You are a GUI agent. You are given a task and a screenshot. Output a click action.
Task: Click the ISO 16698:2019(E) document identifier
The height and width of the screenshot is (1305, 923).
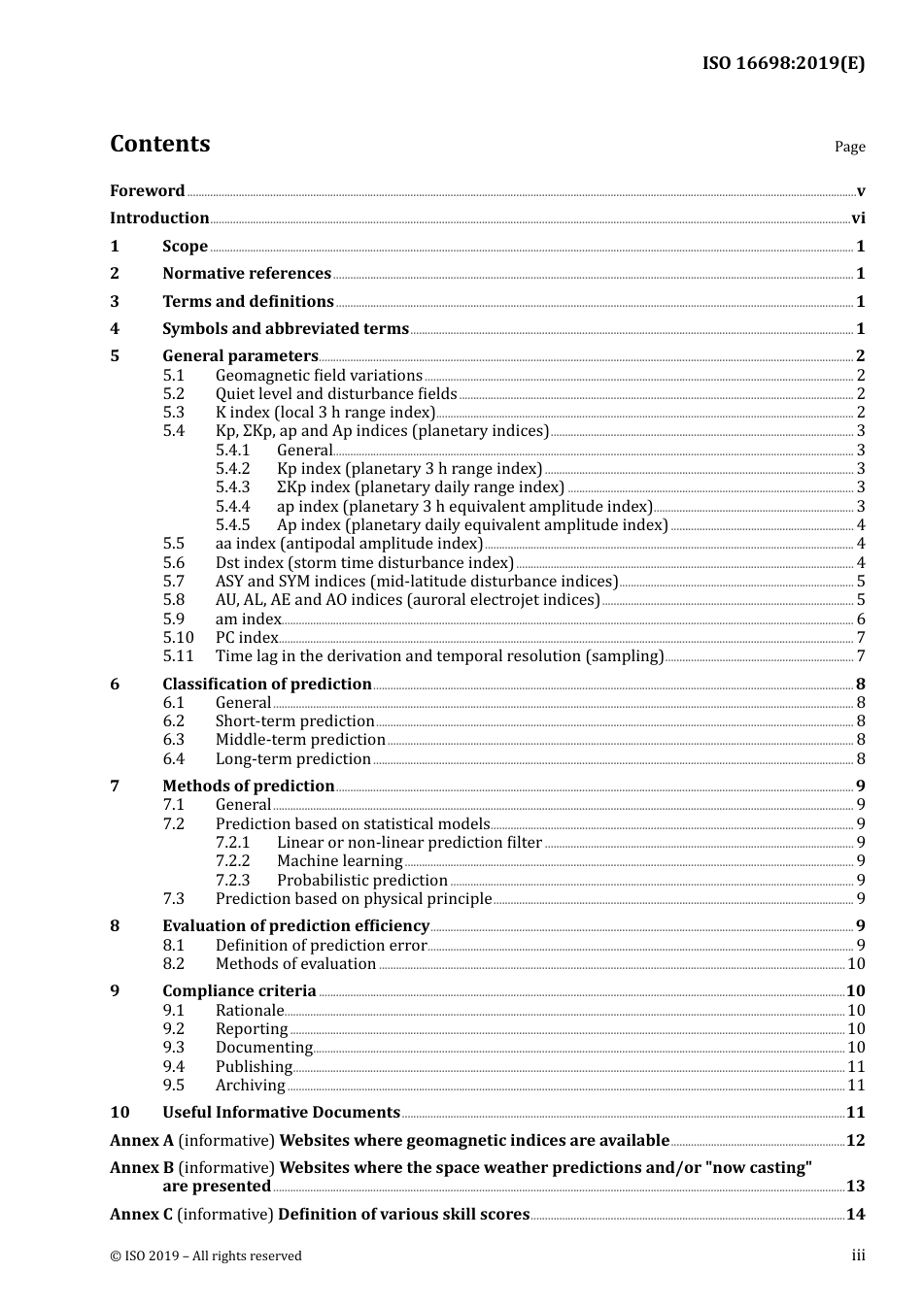783,63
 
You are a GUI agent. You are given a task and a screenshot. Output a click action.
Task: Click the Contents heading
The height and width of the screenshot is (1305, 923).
159,144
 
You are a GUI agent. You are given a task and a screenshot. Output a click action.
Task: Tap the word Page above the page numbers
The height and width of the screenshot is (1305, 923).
849,147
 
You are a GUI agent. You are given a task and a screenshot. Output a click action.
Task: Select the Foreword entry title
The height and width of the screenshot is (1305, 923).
147,190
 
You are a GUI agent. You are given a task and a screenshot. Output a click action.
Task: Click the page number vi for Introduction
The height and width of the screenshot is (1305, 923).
858,218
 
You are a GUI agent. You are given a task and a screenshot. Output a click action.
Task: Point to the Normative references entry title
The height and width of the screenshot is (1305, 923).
247,274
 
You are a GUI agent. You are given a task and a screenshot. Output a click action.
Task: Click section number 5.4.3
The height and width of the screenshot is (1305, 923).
232,487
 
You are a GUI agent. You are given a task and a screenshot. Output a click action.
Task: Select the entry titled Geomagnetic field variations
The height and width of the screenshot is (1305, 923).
319,376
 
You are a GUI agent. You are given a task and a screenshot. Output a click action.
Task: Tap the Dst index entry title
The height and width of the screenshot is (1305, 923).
364,563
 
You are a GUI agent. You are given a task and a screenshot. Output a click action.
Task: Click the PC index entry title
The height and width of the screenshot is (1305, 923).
247,638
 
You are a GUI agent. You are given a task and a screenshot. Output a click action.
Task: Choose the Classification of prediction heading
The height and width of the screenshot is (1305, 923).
267,685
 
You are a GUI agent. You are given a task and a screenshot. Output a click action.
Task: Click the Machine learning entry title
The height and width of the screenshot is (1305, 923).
339,861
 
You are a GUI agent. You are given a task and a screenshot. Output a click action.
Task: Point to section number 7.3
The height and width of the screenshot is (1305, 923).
174,899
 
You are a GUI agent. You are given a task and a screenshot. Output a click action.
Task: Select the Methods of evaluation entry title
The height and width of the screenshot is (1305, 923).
295,964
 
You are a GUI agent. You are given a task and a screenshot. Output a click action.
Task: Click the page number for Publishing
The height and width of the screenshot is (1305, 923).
856,1066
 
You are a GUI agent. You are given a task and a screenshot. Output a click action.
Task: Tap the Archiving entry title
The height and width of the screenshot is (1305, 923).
251,1086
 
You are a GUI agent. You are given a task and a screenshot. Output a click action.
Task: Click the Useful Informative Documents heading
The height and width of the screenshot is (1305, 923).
281,1113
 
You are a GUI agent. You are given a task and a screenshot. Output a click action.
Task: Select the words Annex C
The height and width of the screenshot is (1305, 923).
142,1215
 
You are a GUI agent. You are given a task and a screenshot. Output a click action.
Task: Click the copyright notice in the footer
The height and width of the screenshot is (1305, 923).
206,1256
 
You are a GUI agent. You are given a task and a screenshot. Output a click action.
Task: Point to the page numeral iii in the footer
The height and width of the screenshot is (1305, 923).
858,1255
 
